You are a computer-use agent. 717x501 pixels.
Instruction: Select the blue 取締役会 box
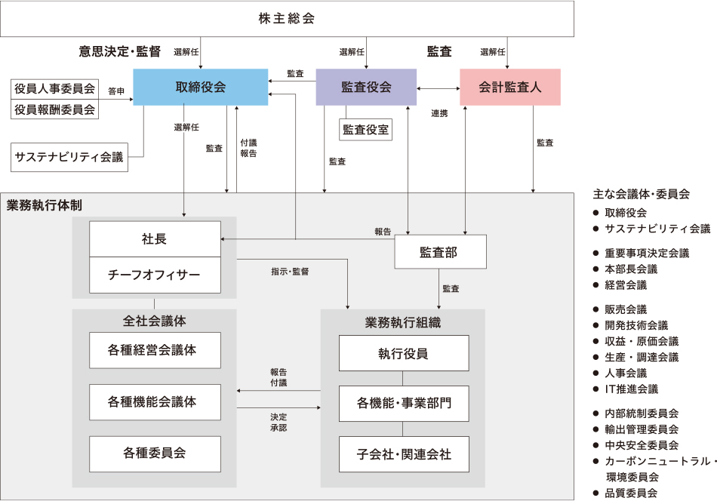[200, 87]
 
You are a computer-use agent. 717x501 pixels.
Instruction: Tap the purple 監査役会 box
[366, 87]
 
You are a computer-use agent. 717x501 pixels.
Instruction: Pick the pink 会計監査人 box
[510, 87]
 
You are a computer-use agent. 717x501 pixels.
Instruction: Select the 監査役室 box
[366, 130]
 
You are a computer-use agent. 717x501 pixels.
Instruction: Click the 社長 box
[155, 239]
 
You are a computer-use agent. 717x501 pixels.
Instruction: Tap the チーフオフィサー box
[155, 275]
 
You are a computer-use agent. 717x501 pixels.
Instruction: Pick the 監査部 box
[439, 252]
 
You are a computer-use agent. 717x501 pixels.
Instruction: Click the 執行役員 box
[403, 353]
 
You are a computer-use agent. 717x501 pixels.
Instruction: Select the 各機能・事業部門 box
[403, 403]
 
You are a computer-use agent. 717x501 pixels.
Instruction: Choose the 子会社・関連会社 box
[403, 453]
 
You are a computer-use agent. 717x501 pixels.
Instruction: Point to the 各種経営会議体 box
[155, 351]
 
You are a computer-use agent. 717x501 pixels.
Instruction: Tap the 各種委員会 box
[155, 453]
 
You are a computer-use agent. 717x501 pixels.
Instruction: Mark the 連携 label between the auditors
[439, 113]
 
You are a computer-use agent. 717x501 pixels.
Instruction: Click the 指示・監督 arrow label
[290, 271]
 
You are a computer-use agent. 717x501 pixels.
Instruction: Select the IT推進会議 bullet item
[631, 389]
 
